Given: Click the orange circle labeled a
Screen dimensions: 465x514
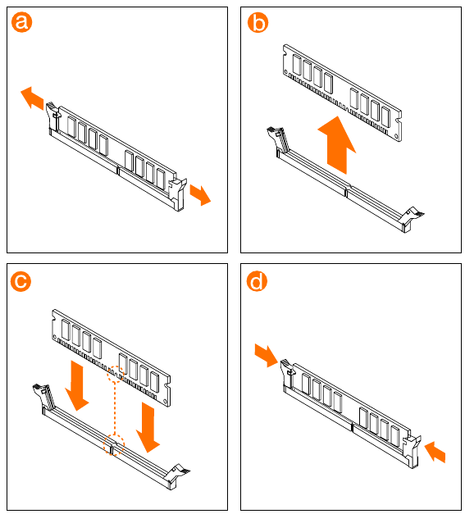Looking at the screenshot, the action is click(21, 22).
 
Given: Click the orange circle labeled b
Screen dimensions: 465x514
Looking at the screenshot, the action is click(258, 22).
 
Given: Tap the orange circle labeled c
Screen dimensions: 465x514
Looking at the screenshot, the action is click(21, 281).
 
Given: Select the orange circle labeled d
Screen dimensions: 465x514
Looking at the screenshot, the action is click(257, 281).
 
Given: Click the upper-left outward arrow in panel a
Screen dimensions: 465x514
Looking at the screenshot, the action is click(32, 98).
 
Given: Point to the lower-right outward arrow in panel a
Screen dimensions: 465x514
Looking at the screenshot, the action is click(200, 195).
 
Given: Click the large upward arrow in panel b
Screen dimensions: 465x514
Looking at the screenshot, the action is click(337, 145).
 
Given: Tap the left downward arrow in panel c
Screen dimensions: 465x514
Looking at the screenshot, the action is click(77, 385).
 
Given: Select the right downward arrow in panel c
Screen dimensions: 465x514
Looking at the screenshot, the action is click(148, 427).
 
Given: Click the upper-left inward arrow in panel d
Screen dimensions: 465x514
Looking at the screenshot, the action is click(267, 355).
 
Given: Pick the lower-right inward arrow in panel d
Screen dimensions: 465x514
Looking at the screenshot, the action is click(435, 452).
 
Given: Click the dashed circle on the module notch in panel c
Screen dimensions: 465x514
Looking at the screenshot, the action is click(116, 374).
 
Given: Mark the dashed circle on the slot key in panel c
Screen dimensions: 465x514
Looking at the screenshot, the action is click(114, 445).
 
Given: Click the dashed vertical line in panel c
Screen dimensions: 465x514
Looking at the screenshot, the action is click(115, 409).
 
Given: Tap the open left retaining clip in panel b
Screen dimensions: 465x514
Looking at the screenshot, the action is click(278, 140).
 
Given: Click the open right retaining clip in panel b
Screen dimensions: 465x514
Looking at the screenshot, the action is click(413, 219).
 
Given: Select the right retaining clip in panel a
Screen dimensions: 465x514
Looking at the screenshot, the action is click(177, 194).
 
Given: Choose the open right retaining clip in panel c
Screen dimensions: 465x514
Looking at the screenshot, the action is click(178, 476).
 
